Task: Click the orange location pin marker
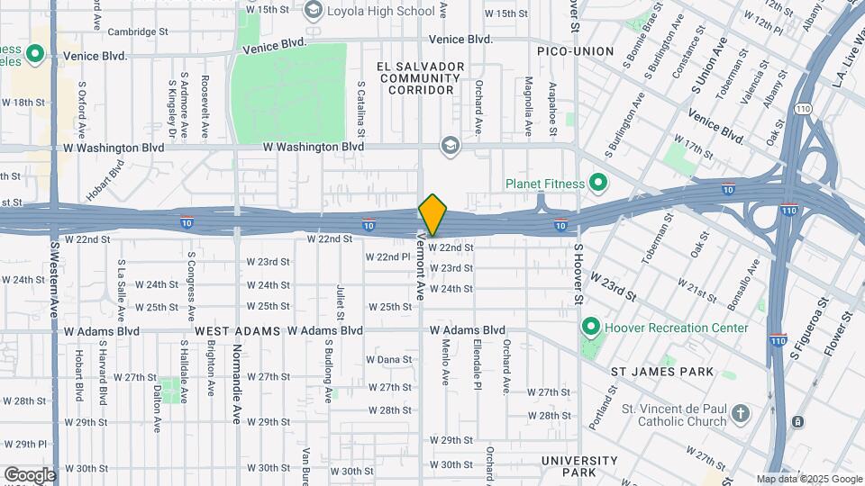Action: [x=433, y=214]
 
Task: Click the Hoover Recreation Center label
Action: [x=675, y=328]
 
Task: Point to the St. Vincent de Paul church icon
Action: [x=740, y=414]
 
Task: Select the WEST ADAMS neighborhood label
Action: [x=236, y=330]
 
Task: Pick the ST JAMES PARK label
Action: [x=662, y=372]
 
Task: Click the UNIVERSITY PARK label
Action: [x=580, y=466]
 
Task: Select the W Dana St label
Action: [x=388, y=359]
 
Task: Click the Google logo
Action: [x=30, y=474]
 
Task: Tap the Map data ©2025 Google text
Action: [x=808, y=479]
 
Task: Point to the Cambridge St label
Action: [x=138, y=31]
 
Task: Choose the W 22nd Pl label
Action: [x=388, y=256]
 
